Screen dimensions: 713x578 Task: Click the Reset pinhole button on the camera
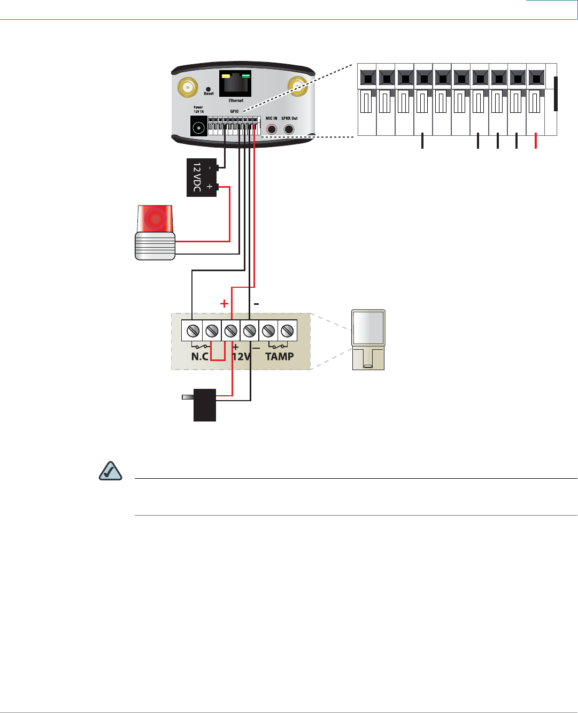pos(208,89)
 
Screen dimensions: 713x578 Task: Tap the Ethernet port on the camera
pos(235,85)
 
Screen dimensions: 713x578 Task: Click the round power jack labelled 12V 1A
pos(199,128)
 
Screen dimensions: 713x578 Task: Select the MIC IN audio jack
pos(272,129)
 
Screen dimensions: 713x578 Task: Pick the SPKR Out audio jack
pos(289,129)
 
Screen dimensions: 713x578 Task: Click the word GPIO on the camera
pos(234,111)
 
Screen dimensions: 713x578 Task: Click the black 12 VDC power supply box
pos(202,178)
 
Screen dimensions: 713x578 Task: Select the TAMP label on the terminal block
pos(279,356)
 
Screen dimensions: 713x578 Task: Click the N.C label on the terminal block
pos(200,356)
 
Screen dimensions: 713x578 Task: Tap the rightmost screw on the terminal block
pos(287,331)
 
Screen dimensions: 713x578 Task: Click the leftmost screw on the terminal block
pos(193,331)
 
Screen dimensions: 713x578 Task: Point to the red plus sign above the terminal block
pos(225,304)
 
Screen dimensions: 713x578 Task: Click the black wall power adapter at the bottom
pos(204,405)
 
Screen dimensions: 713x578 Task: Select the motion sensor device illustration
pos(368,340)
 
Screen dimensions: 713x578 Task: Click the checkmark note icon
pos(111,471)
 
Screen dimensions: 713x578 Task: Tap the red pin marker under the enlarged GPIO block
pos(536,141)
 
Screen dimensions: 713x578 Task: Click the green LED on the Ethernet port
pos(246,76)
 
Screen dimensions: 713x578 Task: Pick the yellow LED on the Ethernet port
pos(226,76)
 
